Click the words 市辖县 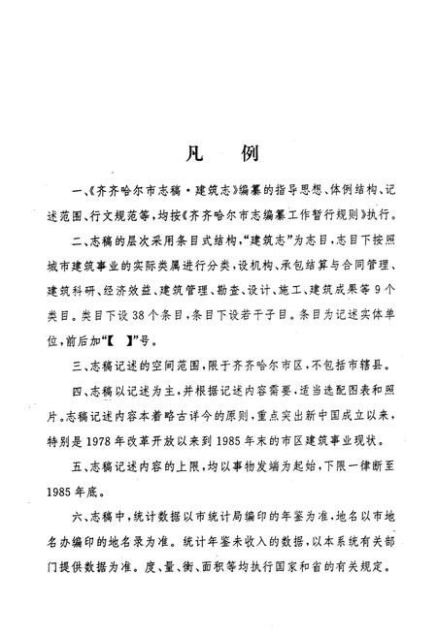coord(362,370)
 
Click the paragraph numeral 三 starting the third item coord(65,370)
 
